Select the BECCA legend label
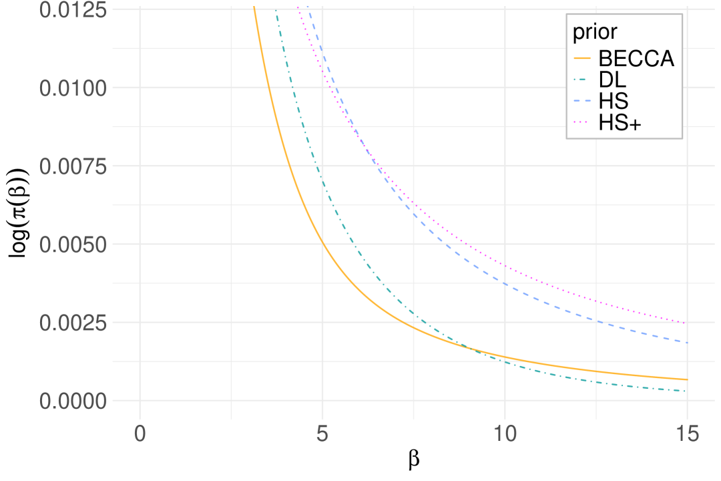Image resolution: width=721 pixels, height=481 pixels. tap(636, 59)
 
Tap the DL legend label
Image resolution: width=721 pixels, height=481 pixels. tap(613, 80)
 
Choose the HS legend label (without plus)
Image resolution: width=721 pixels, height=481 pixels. tap(614, 102)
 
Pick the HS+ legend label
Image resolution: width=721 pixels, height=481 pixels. tap(620, 123)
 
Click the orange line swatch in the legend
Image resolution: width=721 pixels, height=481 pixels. tap(583, 59)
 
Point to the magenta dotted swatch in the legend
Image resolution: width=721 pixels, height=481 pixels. tap(583, 123)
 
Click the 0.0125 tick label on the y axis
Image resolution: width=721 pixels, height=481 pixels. tap(73, 10)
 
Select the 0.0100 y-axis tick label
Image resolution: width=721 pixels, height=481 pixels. tap(73, 88)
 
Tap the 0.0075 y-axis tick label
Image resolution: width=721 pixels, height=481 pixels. tap(73, 166)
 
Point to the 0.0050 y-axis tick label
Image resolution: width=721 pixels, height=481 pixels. tap(73, 245)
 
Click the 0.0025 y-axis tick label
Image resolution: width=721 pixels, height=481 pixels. tap(73, 323)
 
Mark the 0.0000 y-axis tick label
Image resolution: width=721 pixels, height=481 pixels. tap(73, 401)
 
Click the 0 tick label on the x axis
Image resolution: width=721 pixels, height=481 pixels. tap(140, 434)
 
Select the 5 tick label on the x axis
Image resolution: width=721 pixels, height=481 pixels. tap(322, 434)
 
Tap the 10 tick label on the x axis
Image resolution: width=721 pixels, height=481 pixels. tap(505, 434)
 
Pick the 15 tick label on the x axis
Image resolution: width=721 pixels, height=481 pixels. tap(687, 434)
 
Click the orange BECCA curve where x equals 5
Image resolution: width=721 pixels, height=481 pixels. tap(322, 244)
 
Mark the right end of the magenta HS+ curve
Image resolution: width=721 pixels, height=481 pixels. tap(686, 323)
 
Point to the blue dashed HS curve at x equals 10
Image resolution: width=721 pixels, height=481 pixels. tap(505, 284)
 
